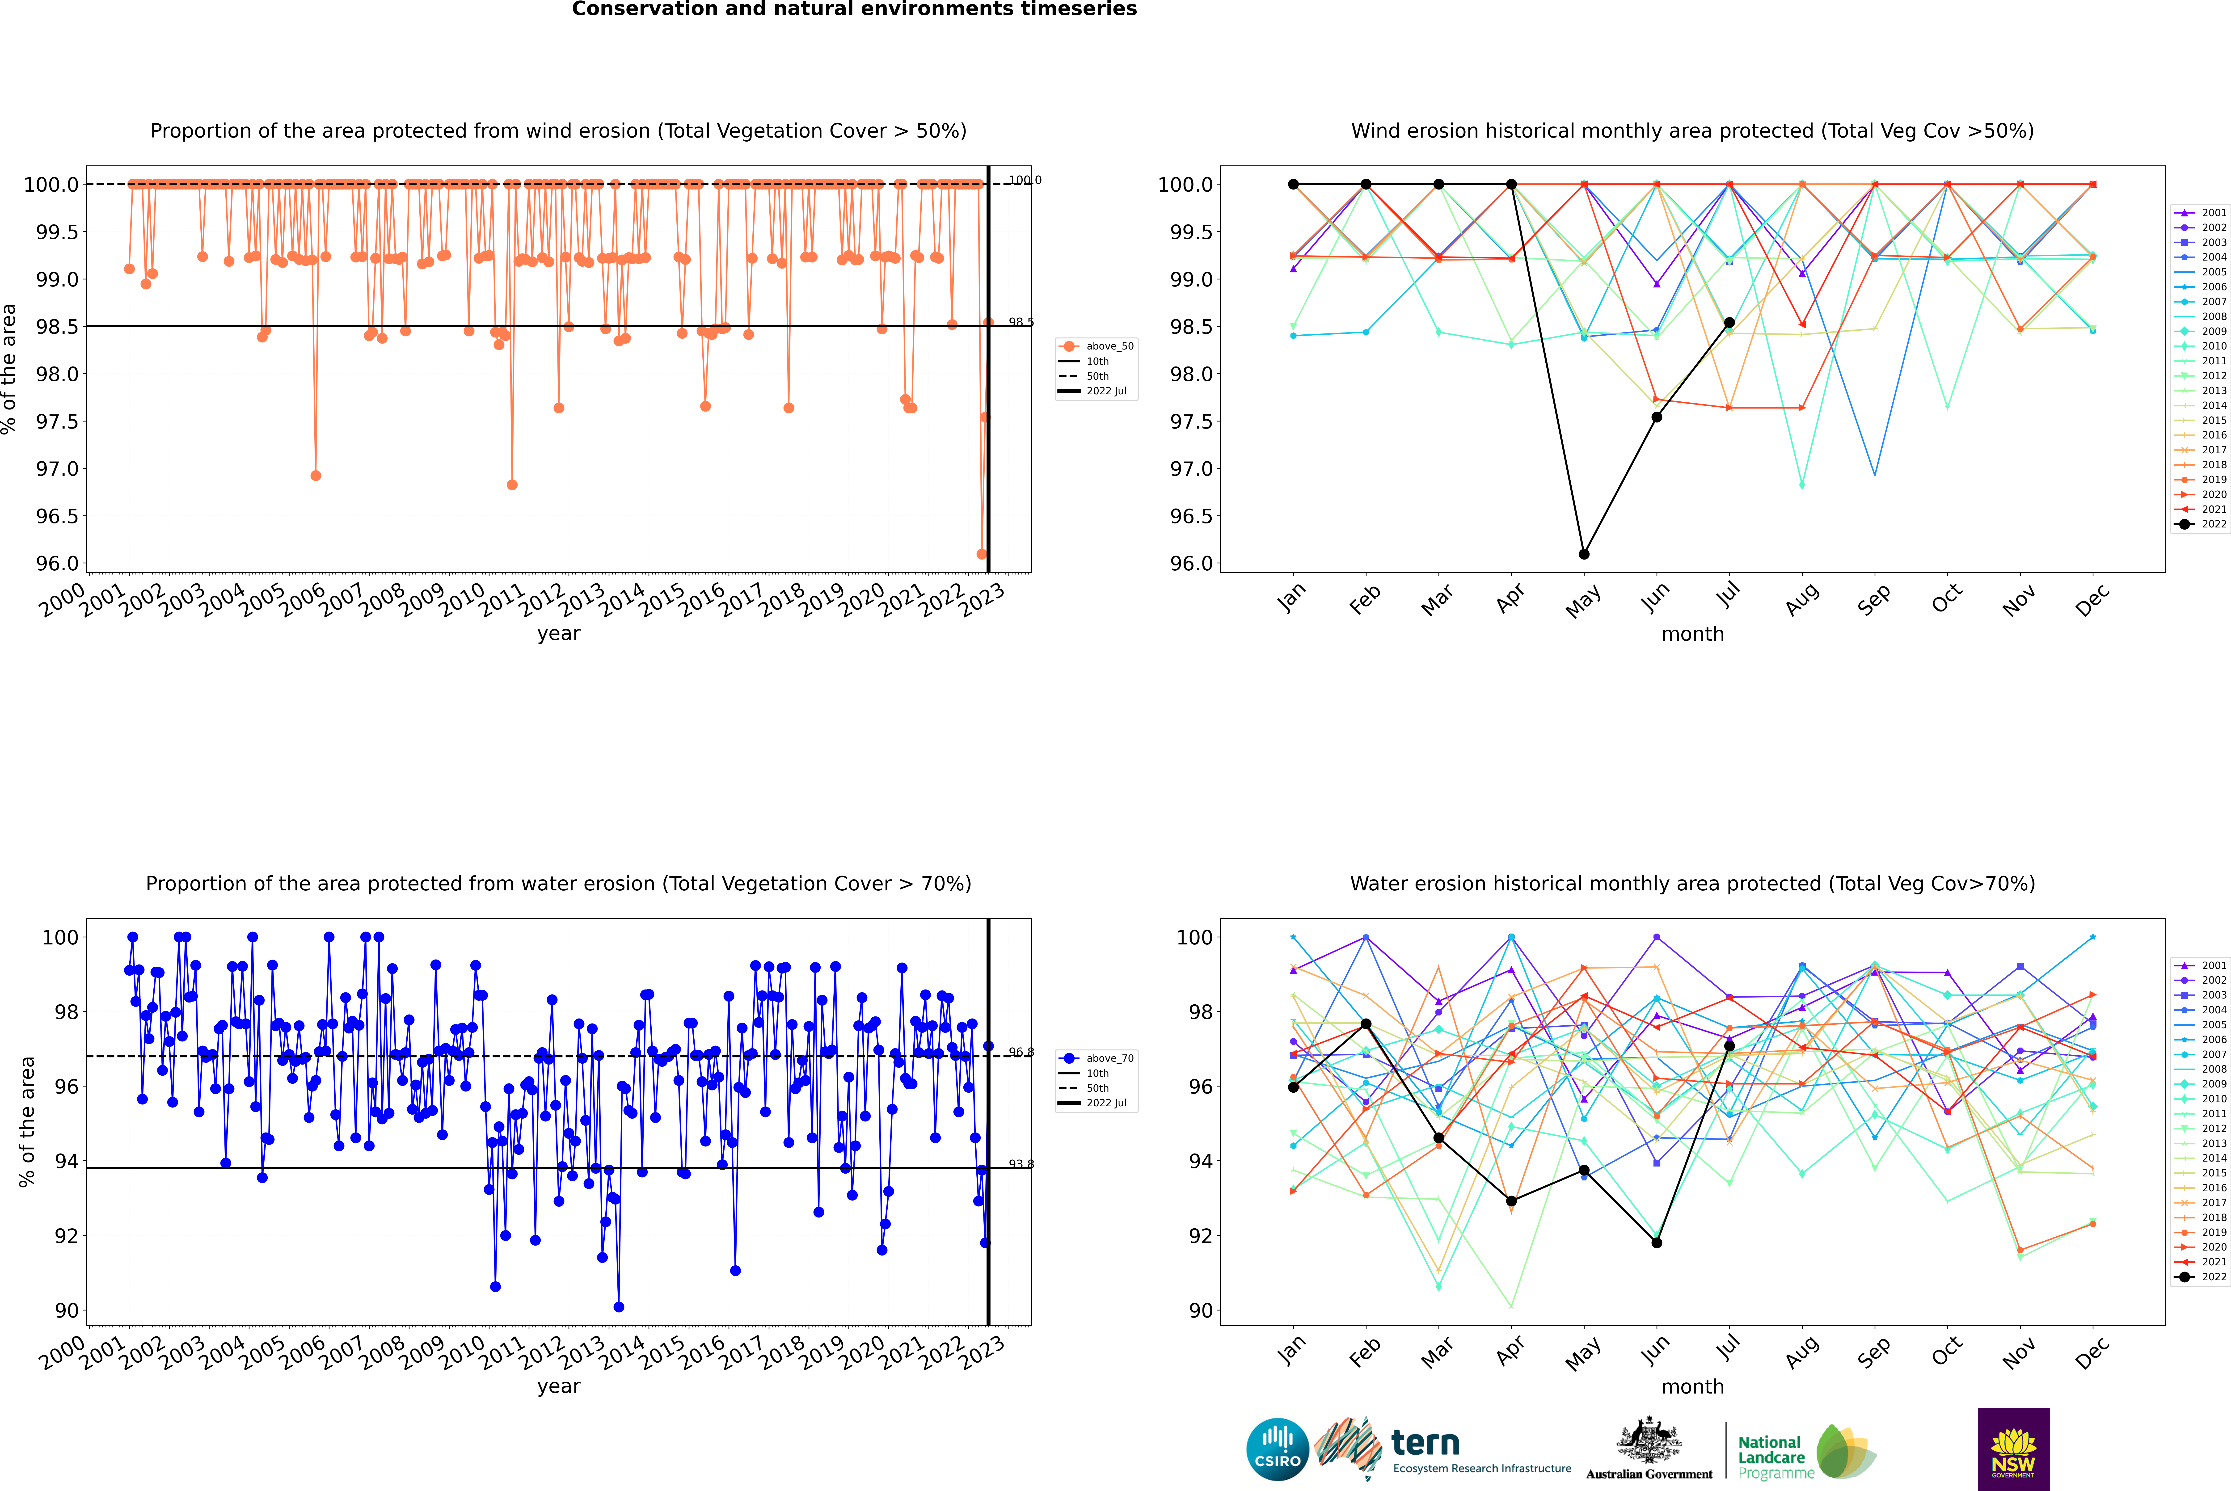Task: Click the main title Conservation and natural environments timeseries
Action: tap(854, 9)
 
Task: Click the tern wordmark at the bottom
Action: tap(1425, 1444)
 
